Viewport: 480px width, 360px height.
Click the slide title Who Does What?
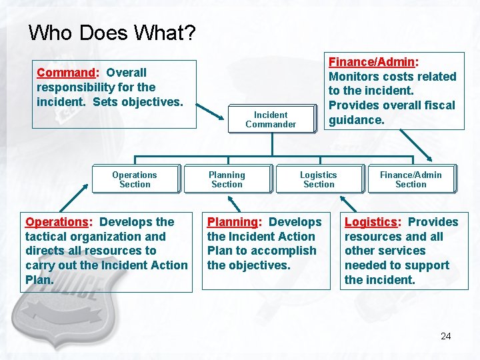tap(111, 33)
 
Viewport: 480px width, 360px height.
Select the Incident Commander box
tap(271, 119)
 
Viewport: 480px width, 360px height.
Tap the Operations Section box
tap(135, 179)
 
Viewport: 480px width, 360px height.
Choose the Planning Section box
tap(227, 179)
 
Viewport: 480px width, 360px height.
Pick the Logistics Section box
tap(319, 179)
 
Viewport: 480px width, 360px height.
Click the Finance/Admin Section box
tap(411, 179)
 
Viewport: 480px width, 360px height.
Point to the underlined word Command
tap(66, 73)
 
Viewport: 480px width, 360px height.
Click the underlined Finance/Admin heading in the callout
tap(371, 62)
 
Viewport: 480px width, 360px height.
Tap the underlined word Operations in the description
tap(57, 222)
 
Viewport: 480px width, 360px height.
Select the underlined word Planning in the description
tap(232, 222)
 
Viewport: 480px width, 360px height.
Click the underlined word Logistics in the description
tap(371, 222)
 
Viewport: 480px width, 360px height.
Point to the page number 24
tap(445, 336)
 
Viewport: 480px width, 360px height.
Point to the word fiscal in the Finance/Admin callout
tap(438, 105)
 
